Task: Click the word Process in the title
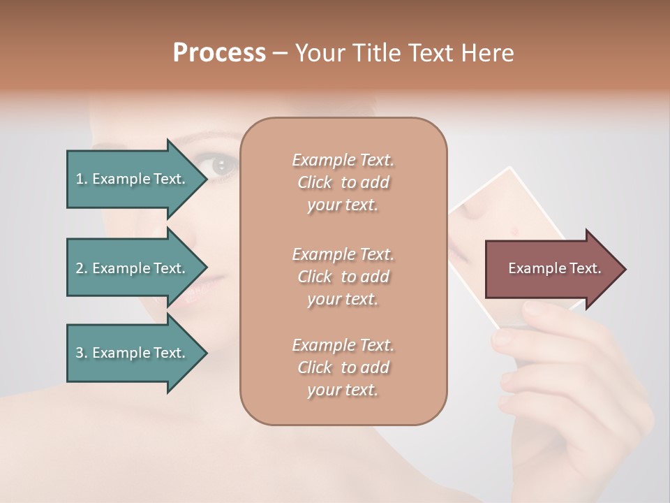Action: pos(219,52)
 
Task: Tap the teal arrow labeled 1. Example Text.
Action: pos(133,179)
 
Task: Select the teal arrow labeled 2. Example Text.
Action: pos(133,268)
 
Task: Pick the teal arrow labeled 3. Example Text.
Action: pos(133,353)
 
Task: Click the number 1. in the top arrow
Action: pos(82,179)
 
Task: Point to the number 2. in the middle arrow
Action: pos(82,268)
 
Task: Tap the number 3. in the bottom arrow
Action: pos(82,353)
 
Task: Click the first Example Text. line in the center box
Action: pos(343,160)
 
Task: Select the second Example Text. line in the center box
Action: pos(343,254)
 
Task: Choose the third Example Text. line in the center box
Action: pos(343,345)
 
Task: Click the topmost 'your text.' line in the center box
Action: pos(343,205)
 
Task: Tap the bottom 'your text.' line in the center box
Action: pos(343,391)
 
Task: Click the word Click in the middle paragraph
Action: pos(315,277)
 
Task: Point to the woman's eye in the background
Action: pos(222,166)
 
